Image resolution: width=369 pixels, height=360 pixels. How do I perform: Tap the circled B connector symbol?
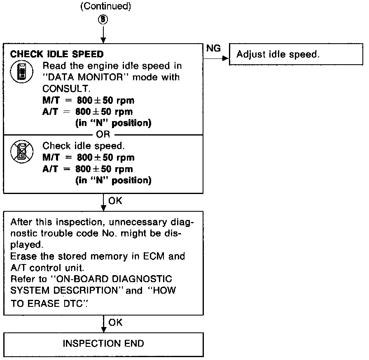(104, 20)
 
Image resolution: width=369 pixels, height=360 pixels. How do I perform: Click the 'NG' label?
(213, 48)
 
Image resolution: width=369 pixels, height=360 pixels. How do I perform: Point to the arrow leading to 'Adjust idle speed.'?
(217, 58)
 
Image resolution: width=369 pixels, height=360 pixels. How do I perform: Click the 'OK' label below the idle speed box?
(115, 201)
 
